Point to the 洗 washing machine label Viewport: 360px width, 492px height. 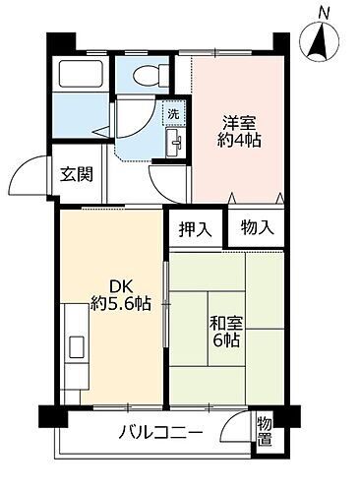174,114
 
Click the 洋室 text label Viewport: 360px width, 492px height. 239,123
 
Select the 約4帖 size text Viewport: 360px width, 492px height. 240,142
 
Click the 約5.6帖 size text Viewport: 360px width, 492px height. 120,304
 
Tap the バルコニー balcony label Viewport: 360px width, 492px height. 162,431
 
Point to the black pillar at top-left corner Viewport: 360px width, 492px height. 60,43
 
